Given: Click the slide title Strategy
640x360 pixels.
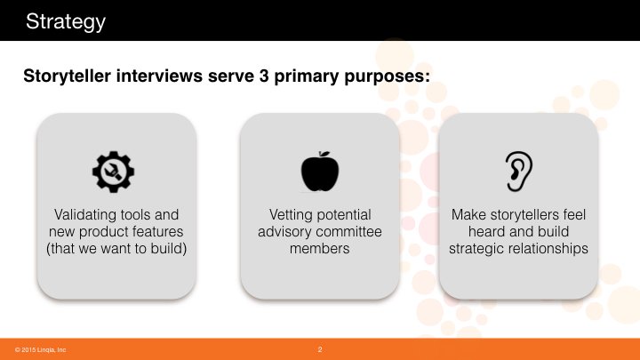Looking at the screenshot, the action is point(65,21).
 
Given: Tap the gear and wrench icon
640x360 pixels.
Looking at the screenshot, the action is point(114,172).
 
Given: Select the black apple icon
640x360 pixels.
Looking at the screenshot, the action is point(320,172).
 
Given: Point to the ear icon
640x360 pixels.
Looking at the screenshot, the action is point(518,172).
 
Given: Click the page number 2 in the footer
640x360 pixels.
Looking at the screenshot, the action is point(320,349).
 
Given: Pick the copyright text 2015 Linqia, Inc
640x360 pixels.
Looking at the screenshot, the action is point(40,350).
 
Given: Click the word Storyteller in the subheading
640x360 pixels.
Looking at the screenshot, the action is point(67,76).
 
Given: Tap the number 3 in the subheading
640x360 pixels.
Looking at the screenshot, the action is point(264,76).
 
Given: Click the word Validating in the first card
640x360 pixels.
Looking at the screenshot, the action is point(85,215).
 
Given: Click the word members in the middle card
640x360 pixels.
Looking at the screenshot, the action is point(320,248).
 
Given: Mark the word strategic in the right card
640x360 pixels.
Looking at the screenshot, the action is point(476,249).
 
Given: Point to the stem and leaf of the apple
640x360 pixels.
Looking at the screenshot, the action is point(324,154).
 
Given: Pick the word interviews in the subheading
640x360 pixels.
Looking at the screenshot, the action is point(159,76).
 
